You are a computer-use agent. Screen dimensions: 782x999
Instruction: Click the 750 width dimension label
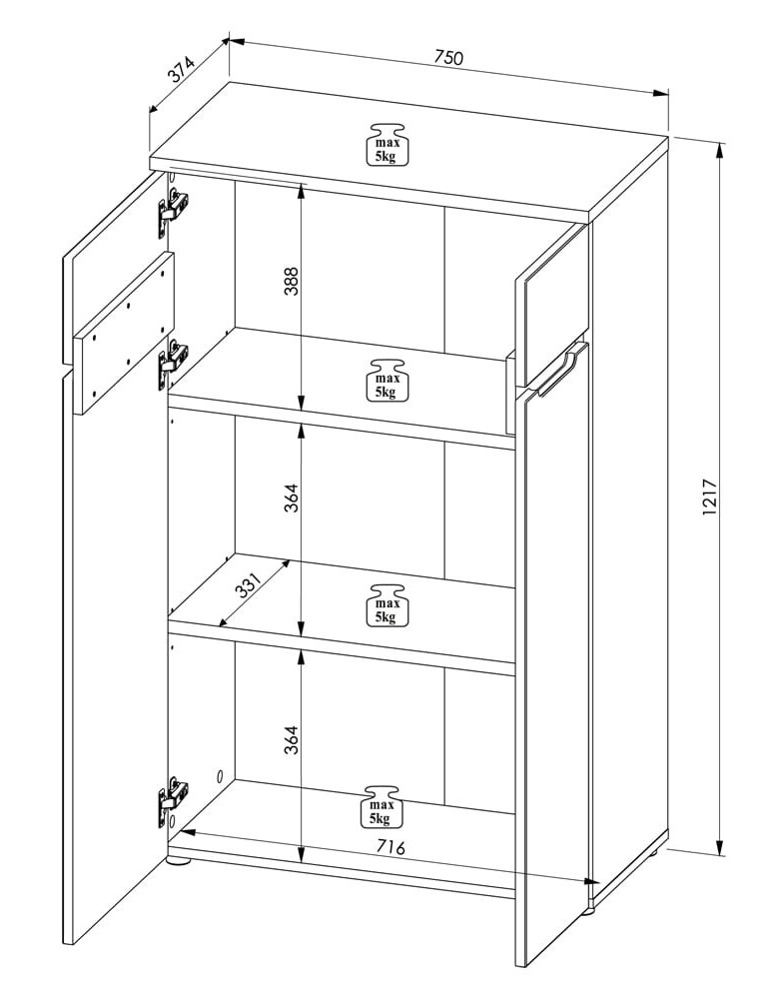[x=449, y=57]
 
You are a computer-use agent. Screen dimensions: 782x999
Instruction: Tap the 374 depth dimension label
[x=181, y=71]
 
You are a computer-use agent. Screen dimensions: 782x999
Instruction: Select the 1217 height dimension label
[x=709, y=497]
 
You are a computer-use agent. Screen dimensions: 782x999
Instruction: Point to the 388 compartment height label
[x=291, y=281]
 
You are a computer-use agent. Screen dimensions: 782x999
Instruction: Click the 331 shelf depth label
[x=249, y=584]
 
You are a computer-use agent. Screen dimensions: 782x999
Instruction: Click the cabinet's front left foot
[x=178, y=864]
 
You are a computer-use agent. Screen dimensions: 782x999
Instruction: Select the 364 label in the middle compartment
[x=291, y=498]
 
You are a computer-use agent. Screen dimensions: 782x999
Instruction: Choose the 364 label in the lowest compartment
[x=291, y=739]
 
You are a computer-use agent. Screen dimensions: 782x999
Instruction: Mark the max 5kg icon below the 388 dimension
[x=386, y=380]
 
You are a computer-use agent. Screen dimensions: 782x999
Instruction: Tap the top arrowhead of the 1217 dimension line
[x=720, y=150]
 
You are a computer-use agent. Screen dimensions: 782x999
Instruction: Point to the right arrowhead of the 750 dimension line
[x=661, y=93]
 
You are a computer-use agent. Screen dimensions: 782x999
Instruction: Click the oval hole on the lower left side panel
[x=219, y=776]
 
